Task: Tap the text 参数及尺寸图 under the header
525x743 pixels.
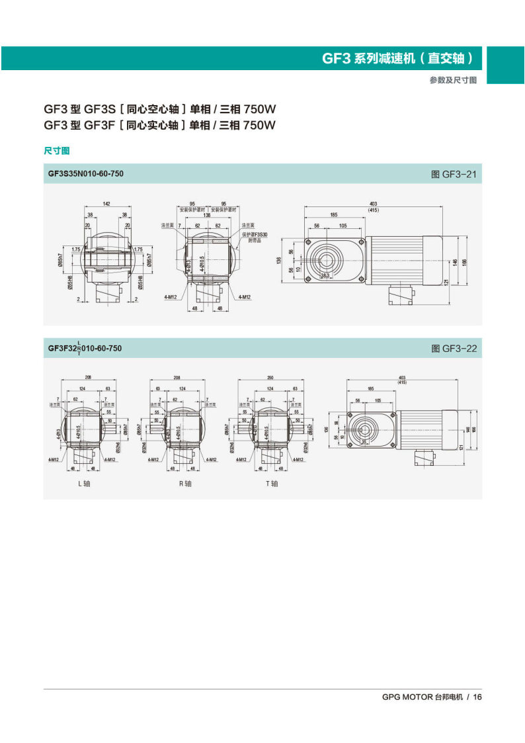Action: point(453,80)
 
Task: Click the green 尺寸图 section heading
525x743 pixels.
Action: point(56,151)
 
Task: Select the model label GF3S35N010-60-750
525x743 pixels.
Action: point(85,174)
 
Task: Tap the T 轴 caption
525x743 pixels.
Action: point(272,484)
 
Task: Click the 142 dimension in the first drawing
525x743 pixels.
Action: point(106,203)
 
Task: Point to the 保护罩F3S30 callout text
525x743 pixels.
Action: point(255,234)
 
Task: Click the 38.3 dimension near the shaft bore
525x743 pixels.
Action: point(325,274)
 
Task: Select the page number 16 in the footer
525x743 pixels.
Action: point(478,697)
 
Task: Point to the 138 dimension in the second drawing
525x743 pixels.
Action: point(206,215)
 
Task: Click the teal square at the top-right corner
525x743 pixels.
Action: point(506,65)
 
